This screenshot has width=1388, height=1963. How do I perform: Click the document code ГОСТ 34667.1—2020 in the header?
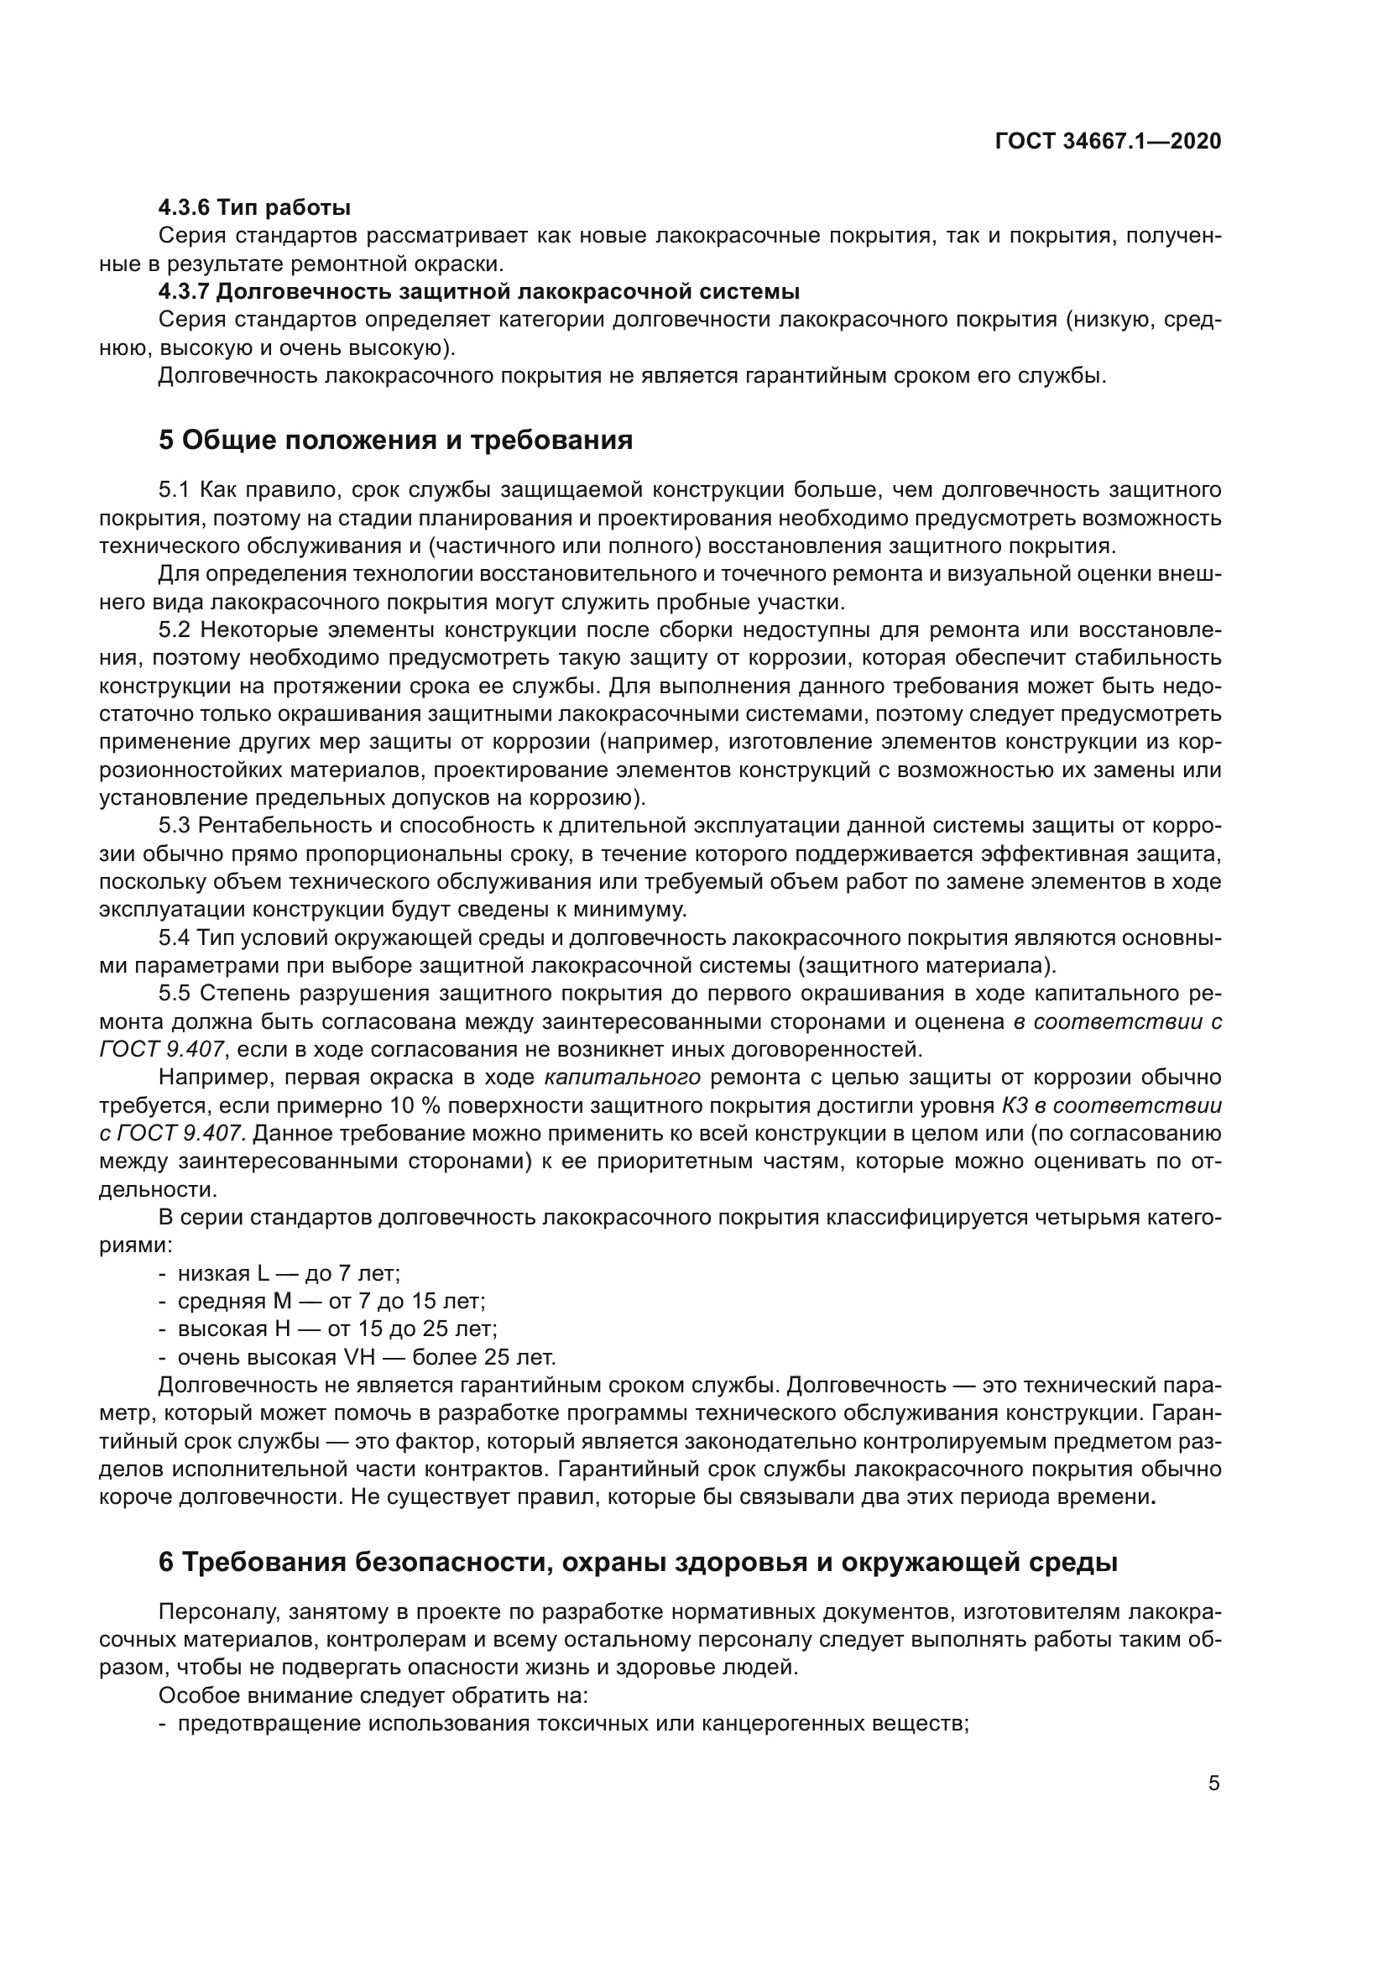pyautogui.click(x=1108, y=142)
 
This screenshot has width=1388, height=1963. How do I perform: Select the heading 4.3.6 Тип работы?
pyautogui.click(x=255, y=208)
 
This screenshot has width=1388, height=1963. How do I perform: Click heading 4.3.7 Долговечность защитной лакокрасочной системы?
pyautogui.click(x=478, y=291)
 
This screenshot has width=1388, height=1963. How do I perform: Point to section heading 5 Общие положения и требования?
pyautogui.click(x=396, y=441)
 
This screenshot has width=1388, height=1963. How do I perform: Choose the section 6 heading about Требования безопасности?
pyautogui.click(x=638, y=1562)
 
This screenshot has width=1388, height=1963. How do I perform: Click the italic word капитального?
pyautogui.click(x=622, y=1078)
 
